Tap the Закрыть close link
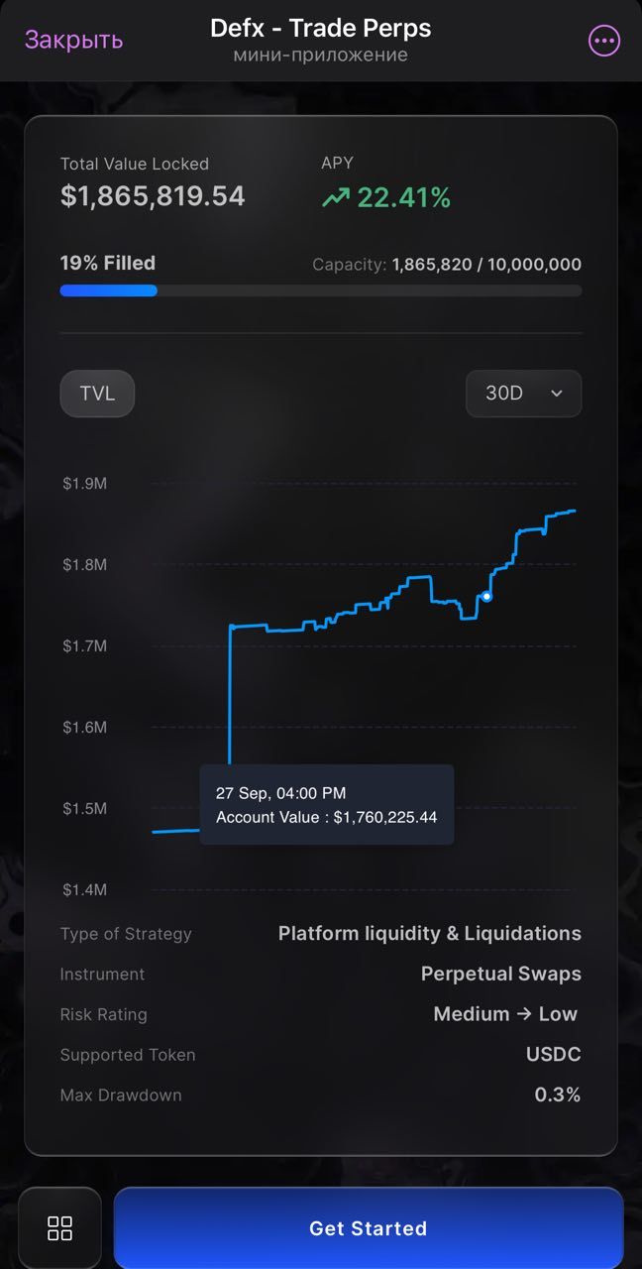pyautogui.click(x=73, y=40)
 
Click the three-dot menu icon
pyautogui.click(x=603, y=41)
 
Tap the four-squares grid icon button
pyautogui.click(x=60, y=1228)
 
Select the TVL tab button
pyautogui.click(x=97, y=394)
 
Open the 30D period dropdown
pyautogui.click(x=523, y=394)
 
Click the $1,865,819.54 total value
pyautogui.click(x=153, y=196)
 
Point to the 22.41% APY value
pyautogui.click(x=403, y=198)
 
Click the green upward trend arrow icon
pyautogui.click(x=336, y=198)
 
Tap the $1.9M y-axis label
pyautogui.click(x=84, y=483)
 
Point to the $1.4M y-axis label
pyautogui.click(x=84, y=889)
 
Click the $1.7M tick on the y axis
pyautogui.click(x=84, y=645)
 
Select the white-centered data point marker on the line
pyautogui.click(x=486, y=596)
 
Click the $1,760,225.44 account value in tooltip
pyautogui.click(x=385, y=818)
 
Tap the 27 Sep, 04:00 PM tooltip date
pyautogui.click(x=280, y=793)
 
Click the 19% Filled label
pyautogui.click(x=108, y=263)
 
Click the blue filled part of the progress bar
pyautogui.click(x=108, y=290)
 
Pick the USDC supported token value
pyautogui.click(x=553, y=1055)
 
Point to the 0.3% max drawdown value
pyautogui.click(x=557, y=1096)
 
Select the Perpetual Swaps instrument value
pyautogui.click(x=500, y=974)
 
